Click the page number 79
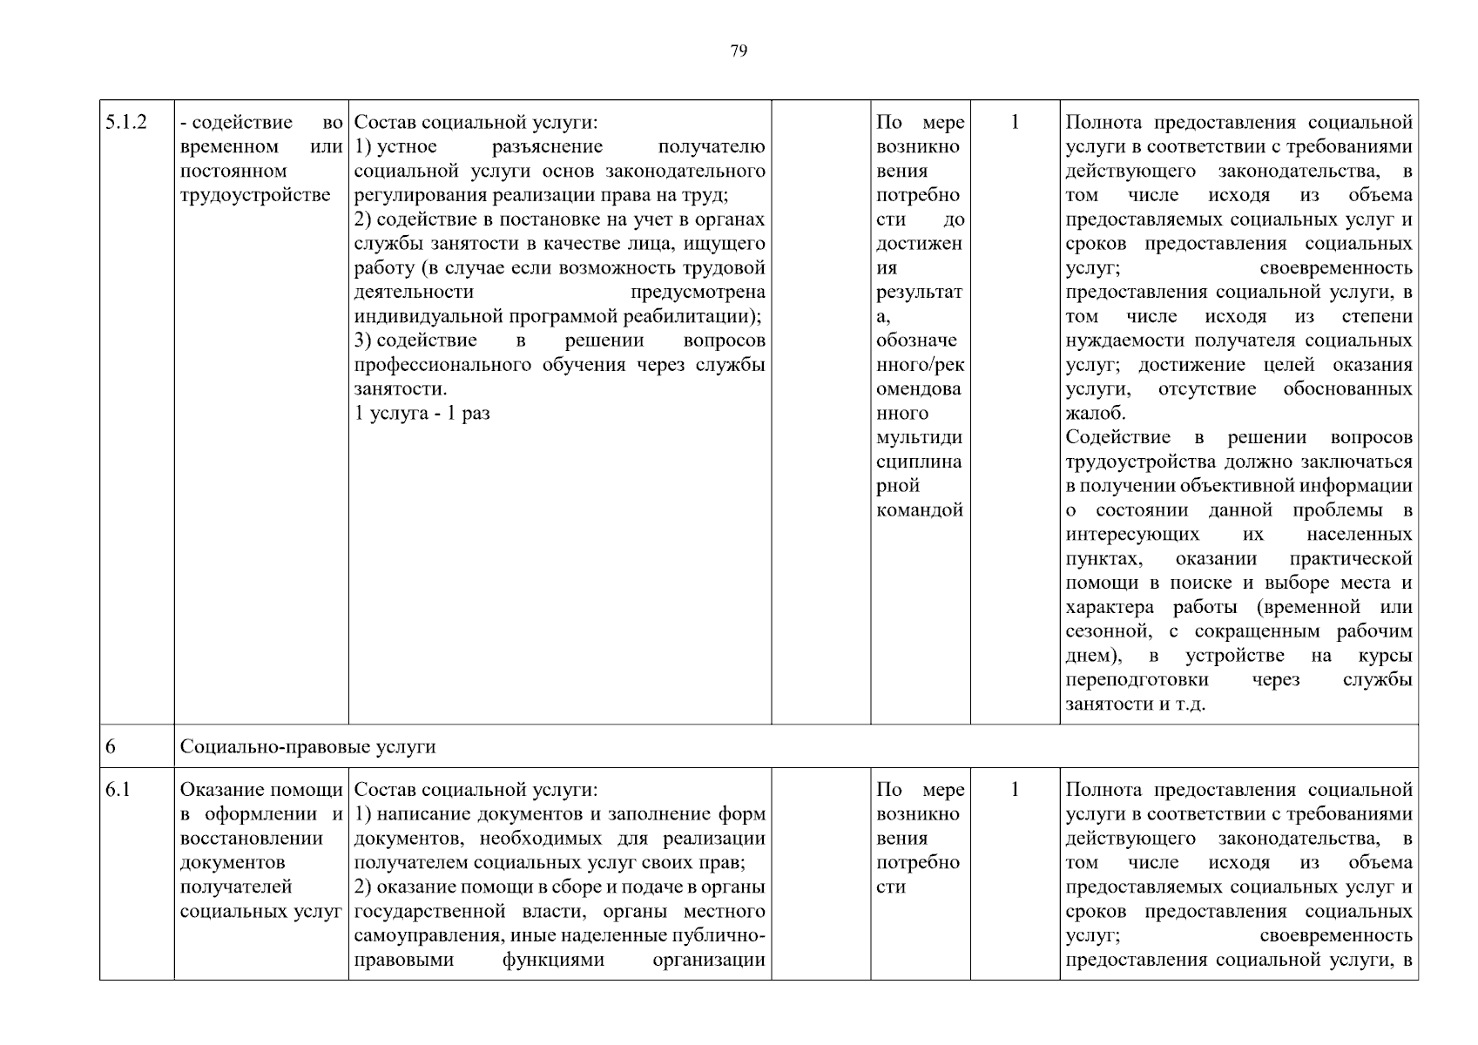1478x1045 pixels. (x=738, y=51)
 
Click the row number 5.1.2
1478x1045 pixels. (x=125, y=123)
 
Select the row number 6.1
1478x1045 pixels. (x=117, y=790)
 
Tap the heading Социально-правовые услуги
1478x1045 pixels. (x=307, y=747)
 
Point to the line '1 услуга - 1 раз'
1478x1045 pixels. (x=422, y=414)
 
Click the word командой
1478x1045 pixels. (x=920, y=510)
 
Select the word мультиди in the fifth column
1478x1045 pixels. (x=919, y=438)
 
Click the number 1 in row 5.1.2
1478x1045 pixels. (x=1015, y=123)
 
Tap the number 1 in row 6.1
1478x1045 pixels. (x=1015, y=790)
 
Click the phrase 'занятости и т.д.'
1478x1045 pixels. (x=1135, y=705)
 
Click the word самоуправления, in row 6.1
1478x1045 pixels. (x=425, y=936)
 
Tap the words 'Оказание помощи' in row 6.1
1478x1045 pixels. (x=260, y=790)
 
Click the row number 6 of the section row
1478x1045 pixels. (x=111, y=747)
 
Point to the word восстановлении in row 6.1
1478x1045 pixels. (x=251, y=839)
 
